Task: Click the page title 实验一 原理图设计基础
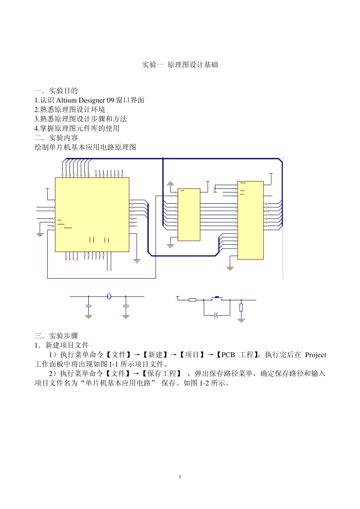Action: point(180,65)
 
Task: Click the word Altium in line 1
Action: point(67,100)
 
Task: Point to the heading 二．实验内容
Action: point(56,138)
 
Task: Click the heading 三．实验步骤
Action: point(56,336)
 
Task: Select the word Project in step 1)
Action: point(315,355)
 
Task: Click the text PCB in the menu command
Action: point(228,355)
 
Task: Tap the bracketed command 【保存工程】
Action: point(162,374)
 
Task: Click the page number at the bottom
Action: point(180,477)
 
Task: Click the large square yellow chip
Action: point(92,214)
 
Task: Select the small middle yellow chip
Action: point(189,214)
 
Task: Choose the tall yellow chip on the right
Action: point(250,220)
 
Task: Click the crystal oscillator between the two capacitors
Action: point(109,296)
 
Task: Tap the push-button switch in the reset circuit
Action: point(217,298)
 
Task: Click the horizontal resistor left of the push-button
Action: point(193,300)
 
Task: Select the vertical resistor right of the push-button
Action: point(241,308)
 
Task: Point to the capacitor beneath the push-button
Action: point(216,315)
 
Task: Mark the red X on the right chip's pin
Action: point(271,196)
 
